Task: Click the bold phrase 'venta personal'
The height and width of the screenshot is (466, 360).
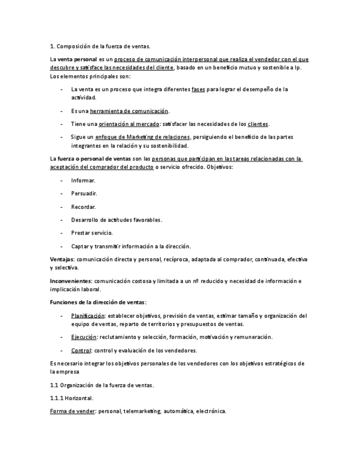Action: [x=78, y=59]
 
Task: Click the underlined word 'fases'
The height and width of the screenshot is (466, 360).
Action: [x=198, y=89]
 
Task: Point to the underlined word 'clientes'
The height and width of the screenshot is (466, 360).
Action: [x=258, y=124]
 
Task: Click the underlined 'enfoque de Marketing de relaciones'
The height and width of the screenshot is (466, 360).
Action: [x=142, y=137]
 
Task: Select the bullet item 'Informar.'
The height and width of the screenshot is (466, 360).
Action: [x=83, y=180]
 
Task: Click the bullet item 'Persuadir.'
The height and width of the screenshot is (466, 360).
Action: [x=84, y=193]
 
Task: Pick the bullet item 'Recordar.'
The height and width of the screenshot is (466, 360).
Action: [x=84, y=207]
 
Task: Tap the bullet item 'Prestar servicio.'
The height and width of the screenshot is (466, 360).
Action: [x=92, y=233]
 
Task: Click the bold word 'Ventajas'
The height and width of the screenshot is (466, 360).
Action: [x=62, y=259]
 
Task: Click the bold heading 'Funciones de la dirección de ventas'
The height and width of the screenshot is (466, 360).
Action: [x=97, y=302]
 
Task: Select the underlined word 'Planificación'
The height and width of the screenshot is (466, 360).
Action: [x=87, y=316]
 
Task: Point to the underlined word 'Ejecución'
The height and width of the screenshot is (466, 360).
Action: [x=84, y=337]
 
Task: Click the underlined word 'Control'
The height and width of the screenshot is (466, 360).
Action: [x=81, y=350]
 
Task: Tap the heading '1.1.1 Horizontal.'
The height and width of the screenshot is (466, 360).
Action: [x=71, y=398]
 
